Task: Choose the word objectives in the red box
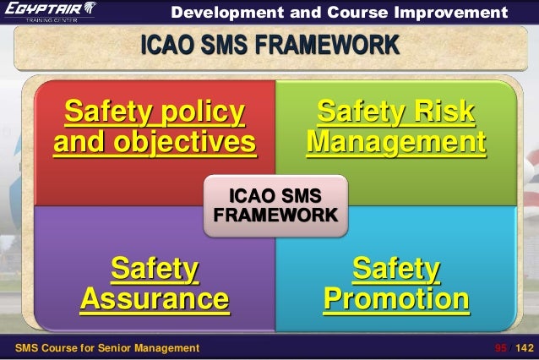coord(155,143)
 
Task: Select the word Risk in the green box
coord(437,112)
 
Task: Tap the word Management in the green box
coord(396,143)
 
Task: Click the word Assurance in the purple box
coord(155,299)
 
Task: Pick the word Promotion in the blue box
coord(396,299)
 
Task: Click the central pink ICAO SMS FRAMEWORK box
coord(275,205)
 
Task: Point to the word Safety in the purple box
coord(155,269)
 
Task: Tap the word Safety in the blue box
coord(396,269)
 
